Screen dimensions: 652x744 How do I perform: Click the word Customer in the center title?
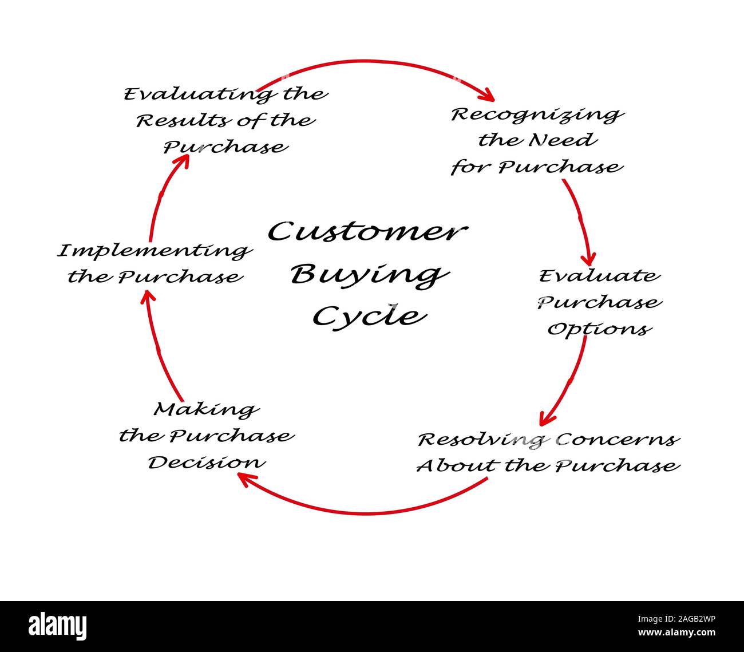click(x=367, y=232)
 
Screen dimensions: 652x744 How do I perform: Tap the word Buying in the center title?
click(x=368, y=275)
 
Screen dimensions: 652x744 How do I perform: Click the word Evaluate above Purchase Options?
click(x=599, y=276)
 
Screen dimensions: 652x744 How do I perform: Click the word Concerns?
click(x=618, y=440)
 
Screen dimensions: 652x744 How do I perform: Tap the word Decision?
click(x=207, y=463)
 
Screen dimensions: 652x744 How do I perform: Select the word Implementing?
click(x=155, y=251)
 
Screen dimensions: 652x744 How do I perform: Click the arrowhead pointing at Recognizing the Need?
click(x=489, y=93)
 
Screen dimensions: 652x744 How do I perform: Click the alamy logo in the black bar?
click(x=58, y=625)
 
